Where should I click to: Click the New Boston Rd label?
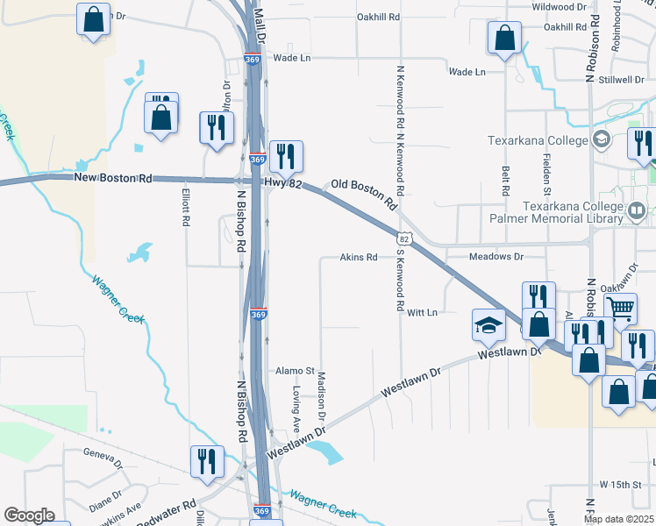point(113,178)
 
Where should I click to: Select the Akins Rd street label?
point(359,258)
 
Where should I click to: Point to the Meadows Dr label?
point(496,257)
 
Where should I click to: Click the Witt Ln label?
point(423,312)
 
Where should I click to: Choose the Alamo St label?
point(296,371)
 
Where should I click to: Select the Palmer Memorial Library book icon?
point(637,210)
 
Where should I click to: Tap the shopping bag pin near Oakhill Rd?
point(504,39)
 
